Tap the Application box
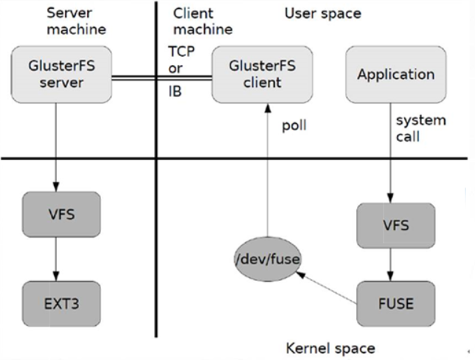point(395,74)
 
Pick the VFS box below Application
point(395,225)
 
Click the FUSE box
point(395,303)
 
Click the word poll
point(294,125)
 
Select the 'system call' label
point(420,128)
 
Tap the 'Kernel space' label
point(330,347)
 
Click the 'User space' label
point(323,13)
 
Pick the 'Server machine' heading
point(76,21)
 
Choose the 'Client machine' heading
point(203,21)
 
